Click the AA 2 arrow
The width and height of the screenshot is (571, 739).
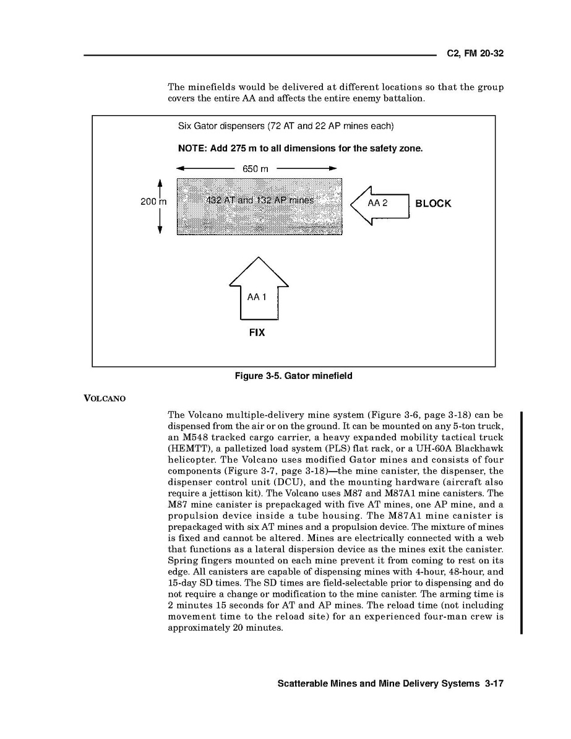coord(379,204)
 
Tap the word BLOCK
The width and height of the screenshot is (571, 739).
coord(433,204)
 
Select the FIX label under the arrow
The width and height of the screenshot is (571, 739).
coord(257,333)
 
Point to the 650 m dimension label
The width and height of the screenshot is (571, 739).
coord(255,168)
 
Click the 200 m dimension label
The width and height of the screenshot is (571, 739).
coord(153,202)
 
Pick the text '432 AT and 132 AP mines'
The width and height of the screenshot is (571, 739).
coord(259,200)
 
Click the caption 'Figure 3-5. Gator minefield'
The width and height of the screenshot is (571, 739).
coord(293,376)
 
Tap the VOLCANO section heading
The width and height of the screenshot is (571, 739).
coord(105,398)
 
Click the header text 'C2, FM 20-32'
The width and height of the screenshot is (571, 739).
coord(475,54)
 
